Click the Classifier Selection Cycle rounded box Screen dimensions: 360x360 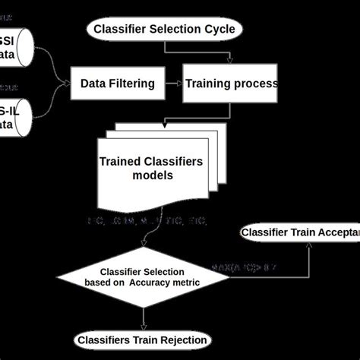pyautogui.click(x=166, y=30)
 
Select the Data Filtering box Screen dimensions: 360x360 pyautogui.click(x=118, y=84)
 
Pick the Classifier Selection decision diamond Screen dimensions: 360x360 pyautogui.click(x=144, y=279)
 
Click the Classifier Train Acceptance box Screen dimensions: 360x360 pyautogui.click(x=300, y=232)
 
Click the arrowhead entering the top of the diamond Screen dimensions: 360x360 pyautogui.click(x=144, y=244)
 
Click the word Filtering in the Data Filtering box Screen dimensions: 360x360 pyautogui.click(x=132, y=84)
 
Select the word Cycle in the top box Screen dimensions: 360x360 pyautogui.click(x=220, y=30)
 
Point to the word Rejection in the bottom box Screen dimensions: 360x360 pyautogui.click(x=185, y=339)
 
